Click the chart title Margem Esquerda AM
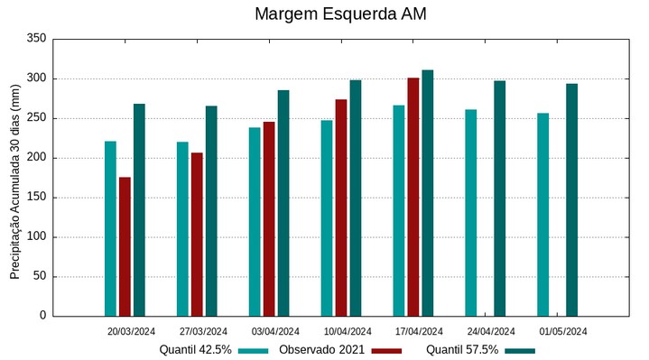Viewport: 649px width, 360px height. [340, 14]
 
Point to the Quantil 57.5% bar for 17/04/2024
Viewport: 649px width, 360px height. [428, 193]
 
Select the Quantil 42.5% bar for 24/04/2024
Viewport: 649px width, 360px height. [471, 213]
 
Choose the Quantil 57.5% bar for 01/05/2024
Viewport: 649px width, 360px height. [572, 199]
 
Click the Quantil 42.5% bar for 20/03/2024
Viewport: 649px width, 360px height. [110, 228]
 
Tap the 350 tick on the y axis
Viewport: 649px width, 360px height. [36, 39]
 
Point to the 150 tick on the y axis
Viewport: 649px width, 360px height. [36, 198]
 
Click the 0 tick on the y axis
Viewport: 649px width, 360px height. [42, 316]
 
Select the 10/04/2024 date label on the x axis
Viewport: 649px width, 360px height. [348, 331]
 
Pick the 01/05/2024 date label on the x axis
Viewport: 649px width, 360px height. [563, 331]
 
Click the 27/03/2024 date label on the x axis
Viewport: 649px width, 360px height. [203, 331]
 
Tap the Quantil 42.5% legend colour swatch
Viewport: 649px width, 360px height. [254, 350]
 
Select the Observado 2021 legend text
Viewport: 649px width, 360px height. [321, 350]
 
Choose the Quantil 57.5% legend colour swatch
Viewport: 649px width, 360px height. [520, 350]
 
